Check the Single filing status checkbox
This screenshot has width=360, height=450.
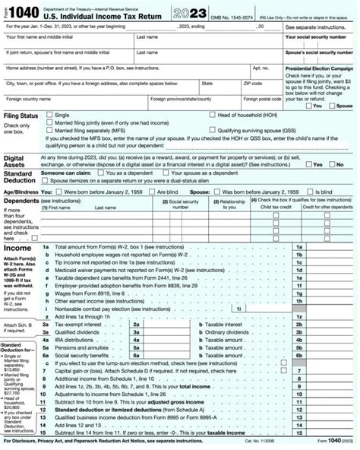[x=49, y=115]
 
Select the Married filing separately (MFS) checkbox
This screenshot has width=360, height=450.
[x=49, y=130]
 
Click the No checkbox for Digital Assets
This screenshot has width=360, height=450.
[x=331, y=163]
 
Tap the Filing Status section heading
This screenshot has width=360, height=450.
[x=21, y=116]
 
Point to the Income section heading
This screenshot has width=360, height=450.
[x=18, y=227]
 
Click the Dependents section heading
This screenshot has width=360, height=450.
[x=22, y=202]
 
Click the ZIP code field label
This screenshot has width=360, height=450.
[x=252, y=83]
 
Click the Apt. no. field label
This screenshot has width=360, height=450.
[x=261, y=68]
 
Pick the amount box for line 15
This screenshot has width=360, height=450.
[x=331, y=432]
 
